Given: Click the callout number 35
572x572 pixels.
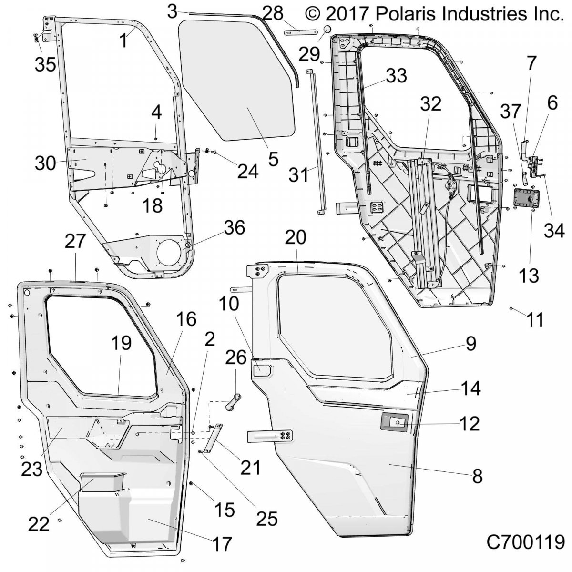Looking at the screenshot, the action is (x=45, y=64).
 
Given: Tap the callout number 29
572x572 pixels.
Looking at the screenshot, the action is (x=309, y=54).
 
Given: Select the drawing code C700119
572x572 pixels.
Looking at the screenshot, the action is (x=525, y=541).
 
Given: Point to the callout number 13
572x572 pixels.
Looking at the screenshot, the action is (x=529, y=276).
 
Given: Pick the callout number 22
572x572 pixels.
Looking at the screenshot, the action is (x=39, y=523).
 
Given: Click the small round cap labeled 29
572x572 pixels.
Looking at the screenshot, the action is (x=327, y=30).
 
